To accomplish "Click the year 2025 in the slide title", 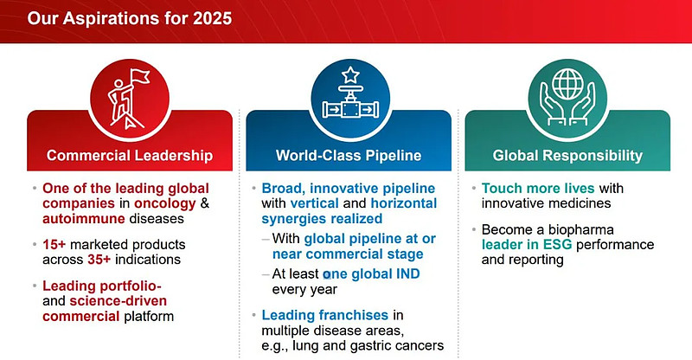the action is tap(212, 18).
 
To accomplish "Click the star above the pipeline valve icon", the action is tap(350, 75).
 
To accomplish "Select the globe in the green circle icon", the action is tap(567, 84).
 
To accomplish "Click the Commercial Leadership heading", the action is tap(130, 156).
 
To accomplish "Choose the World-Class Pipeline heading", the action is tap(349, 156).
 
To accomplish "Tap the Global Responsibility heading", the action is tap(567, 156).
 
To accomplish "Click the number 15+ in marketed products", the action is tap(54, 244).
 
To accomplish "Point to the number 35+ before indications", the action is tap(99, 260).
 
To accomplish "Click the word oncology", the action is tap(164, 203).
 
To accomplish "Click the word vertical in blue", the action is tap(314, 203).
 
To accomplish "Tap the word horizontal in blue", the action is tap(404, 203).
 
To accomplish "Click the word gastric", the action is tap(373, 345).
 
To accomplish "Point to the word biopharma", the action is tap(581, 229).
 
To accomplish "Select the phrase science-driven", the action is tap(119, 301).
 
